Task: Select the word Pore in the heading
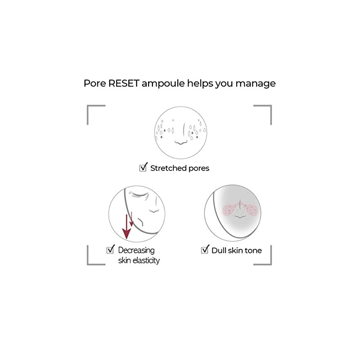95,84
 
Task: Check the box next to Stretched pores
144,168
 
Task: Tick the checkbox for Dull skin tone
205,250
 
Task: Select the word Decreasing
136,250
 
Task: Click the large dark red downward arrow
127,227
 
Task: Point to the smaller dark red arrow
131,218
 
